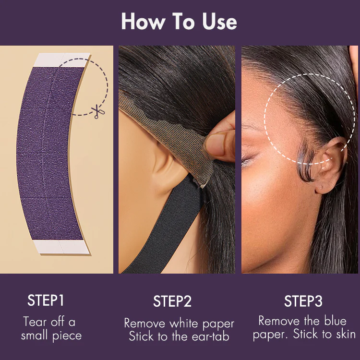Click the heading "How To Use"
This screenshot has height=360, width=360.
pos(179,22)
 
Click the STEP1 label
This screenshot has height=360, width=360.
pos(46,301)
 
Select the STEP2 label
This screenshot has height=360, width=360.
pos(172,301)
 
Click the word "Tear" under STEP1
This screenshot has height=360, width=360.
pos(35,321)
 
